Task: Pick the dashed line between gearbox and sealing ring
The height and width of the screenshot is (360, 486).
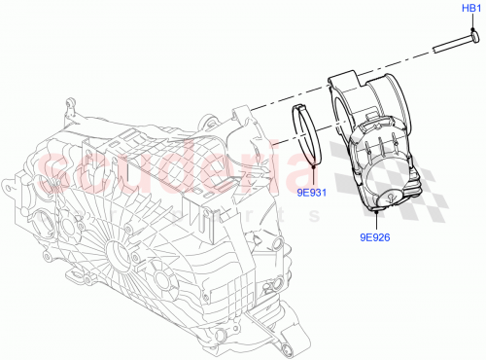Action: (x=262, y=108)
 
